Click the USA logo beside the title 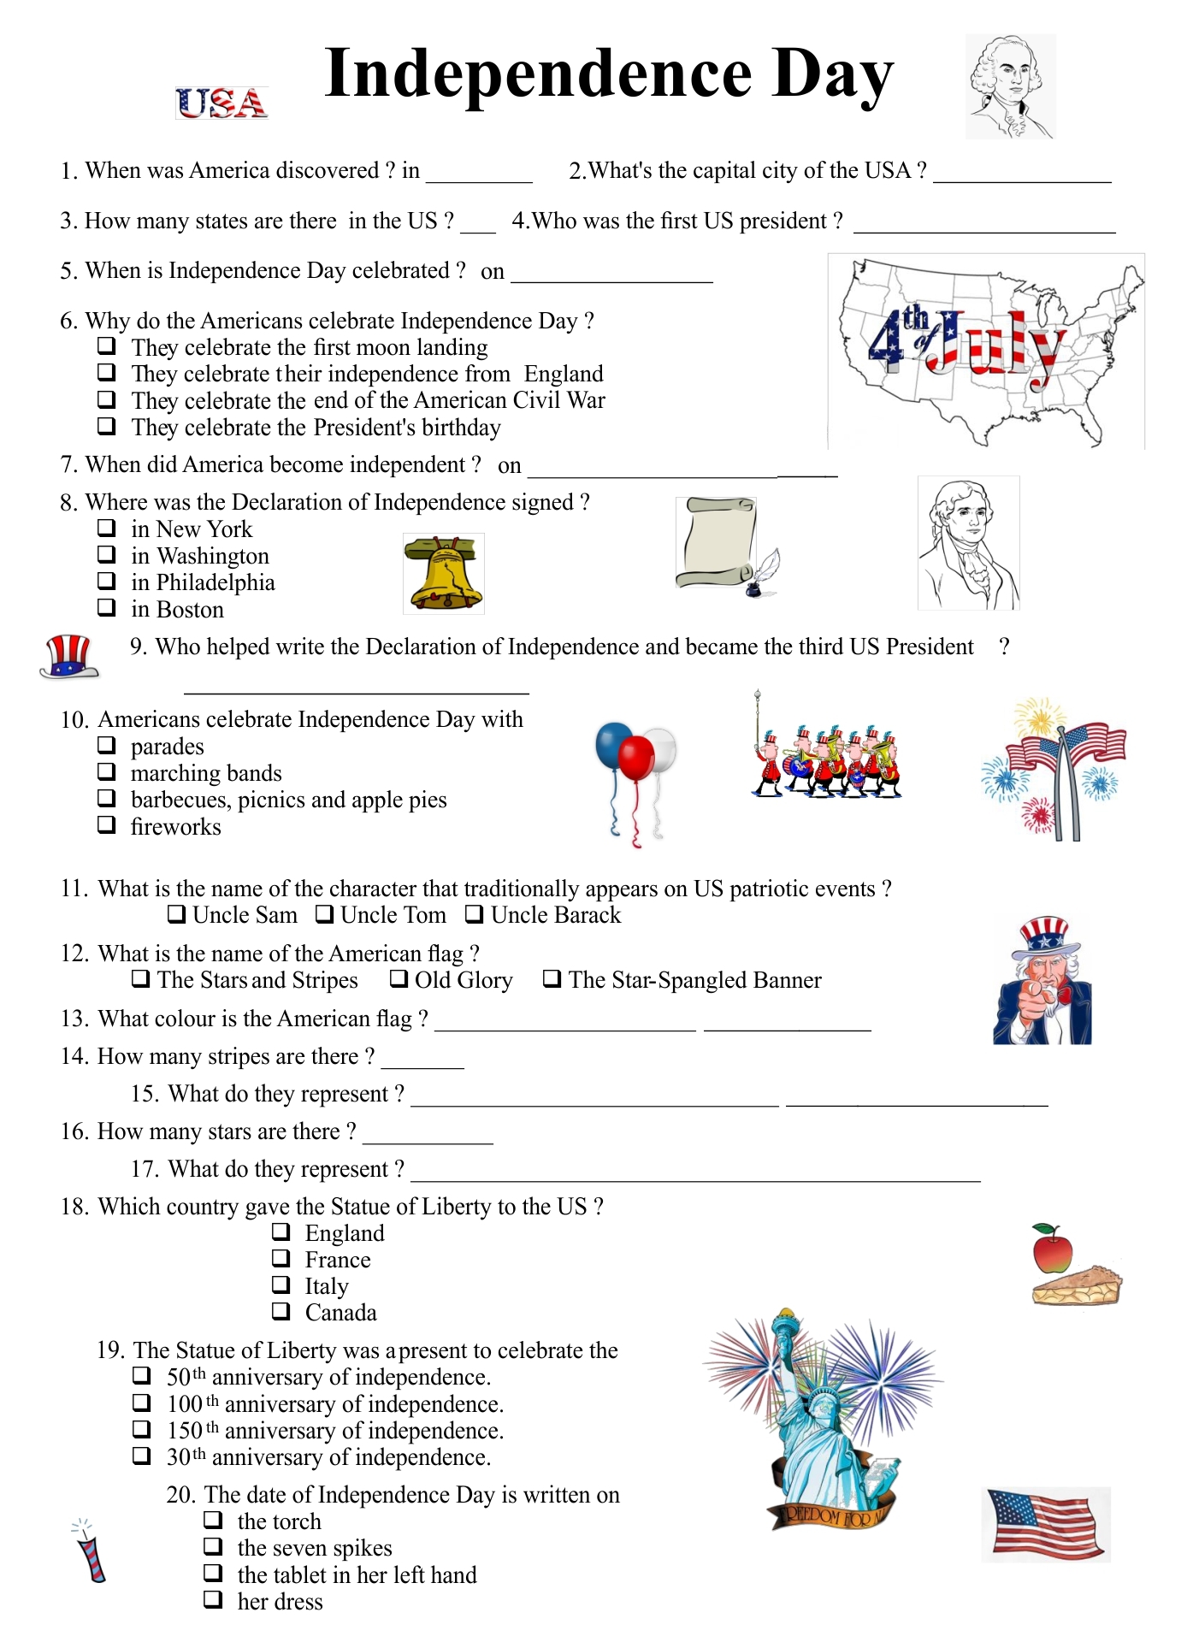[221, 103]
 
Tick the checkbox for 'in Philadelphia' [107, 581]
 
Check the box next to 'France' [281, 1258]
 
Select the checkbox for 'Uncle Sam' [177, 914]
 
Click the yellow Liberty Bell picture [443, 574]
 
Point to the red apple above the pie [1052, 1249]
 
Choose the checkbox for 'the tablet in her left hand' [213, 1573]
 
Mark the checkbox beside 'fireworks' [107, 825]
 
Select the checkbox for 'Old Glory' [399, 978]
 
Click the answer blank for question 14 [422, 1060]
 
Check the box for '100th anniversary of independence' [142, 1403]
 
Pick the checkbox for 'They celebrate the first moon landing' [107, 346]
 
